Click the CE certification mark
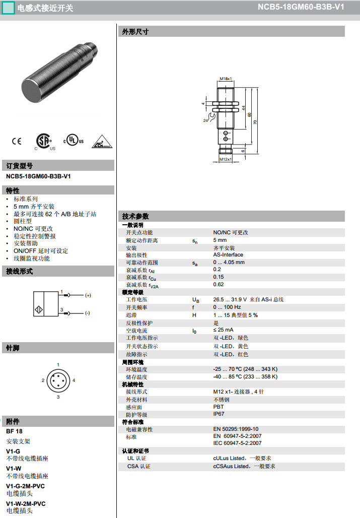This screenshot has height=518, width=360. pyautogui.click(x=17, y=141)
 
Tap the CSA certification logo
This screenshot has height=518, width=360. pyautogui.click(x=44, y=142)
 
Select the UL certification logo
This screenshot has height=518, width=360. pyautogui.click(x=74, y=141)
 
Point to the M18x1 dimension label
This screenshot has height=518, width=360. pyautogui.click(x=226, y=79)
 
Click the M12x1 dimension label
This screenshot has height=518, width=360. pyautogui.click(x=226, y=160)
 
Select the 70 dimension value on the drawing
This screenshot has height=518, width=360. pyautogui.click(x=255, y=122)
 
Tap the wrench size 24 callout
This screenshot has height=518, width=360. pyautogui.click(x=205, y=121)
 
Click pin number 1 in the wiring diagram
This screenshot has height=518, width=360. pyautogui.click(x=61, y=292)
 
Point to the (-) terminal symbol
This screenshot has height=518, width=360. pyautogui.click(x=87, y=313)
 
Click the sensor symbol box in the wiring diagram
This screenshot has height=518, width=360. pyautogui.click(x=45, y=304)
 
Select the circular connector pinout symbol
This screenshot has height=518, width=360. pyautogui.click(x=58, y=380)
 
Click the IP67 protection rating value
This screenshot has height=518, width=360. pyautogui.click(x=219, y=414)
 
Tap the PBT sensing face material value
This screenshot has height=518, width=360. pyautogui.click(x=219, y=407)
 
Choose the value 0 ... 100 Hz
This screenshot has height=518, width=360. pyautogui.click(x=227, y=307)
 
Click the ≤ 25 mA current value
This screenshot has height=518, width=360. pyautogui.click(x=223, y=330)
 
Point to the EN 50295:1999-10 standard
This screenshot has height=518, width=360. pyautogui.click(x=236, y=429)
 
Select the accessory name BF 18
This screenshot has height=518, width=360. pyautogui.click(x=14, y=431)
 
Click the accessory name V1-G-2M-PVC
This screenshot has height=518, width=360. pyautogui.click(x=25, y=486)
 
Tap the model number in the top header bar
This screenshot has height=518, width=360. pyautogui.click(x=308, y=8)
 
